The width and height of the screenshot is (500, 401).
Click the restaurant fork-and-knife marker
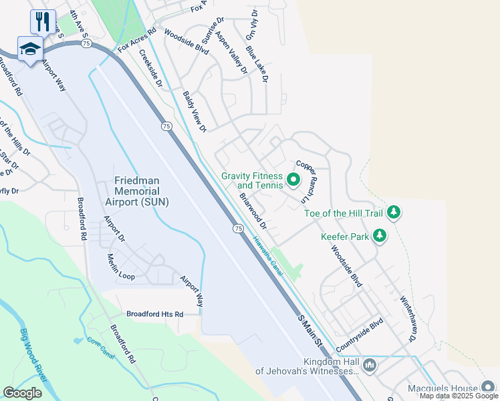point(43,21)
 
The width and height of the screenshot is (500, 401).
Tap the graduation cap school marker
point(30,49)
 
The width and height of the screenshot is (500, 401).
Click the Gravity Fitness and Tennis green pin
point(293,180)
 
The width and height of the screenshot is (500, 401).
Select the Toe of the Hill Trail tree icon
point(394,213)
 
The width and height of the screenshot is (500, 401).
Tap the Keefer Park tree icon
point(380,235)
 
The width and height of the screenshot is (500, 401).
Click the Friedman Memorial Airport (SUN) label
point(141,190)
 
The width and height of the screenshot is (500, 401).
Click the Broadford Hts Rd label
point(155,313)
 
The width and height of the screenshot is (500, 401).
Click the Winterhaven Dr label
point(408,319)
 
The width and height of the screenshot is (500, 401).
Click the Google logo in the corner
point(22,393)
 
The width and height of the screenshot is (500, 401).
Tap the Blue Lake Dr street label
point(256,63)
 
